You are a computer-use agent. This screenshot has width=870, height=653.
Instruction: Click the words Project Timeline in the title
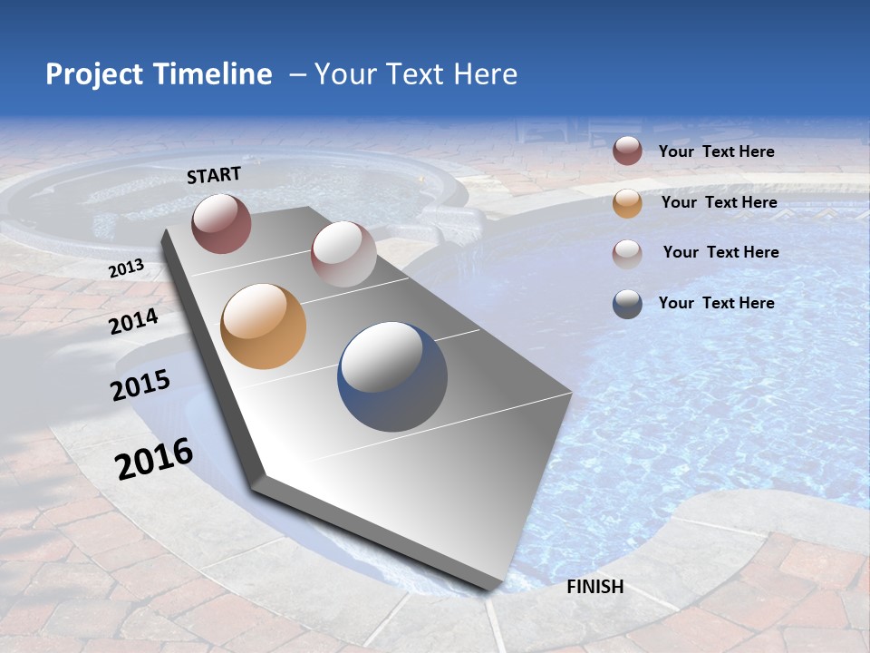coord(159,74)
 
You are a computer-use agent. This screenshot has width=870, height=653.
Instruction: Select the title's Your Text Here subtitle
coord(415,74)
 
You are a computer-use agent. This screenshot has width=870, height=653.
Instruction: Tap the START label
coord(214,175)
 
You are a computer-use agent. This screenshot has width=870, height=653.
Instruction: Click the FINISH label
coord(595,587)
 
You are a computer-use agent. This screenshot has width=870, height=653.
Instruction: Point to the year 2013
coord(126,268)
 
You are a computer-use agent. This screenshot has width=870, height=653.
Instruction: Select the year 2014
coord(134,321)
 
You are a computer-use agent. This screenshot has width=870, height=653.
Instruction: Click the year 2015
coord(140,385)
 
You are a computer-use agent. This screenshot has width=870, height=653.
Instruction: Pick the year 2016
coord(154,459)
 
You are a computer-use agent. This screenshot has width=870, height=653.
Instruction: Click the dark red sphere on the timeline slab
coord(221,223)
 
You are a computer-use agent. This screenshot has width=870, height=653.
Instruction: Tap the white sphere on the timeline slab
coord(343,254)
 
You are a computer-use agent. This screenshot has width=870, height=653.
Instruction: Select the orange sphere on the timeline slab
coord(264,326)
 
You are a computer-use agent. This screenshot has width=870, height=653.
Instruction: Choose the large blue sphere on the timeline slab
coord(392,376)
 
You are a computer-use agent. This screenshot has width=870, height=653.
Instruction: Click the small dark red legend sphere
coord(627,151)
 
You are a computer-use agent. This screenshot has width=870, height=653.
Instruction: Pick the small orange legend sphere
coord(627,203)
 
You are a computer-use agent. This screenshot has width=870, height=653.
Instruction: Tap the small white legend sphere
coord(627,253)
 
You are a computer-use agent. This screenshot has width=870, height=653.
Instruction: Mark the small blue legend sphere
coord(627,304)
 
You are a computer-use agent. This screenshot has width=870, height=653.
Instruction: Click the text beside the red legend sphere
coord(716,151)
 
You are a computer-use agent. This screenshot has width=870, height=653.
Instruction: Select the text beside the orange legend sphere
coord(719,202)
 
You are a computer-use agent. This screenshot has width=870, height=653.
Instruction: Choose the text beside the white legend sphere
coord(720,252)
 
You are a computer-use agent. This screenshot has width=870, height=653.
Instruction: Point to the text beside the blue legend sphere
coord(716,303)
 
